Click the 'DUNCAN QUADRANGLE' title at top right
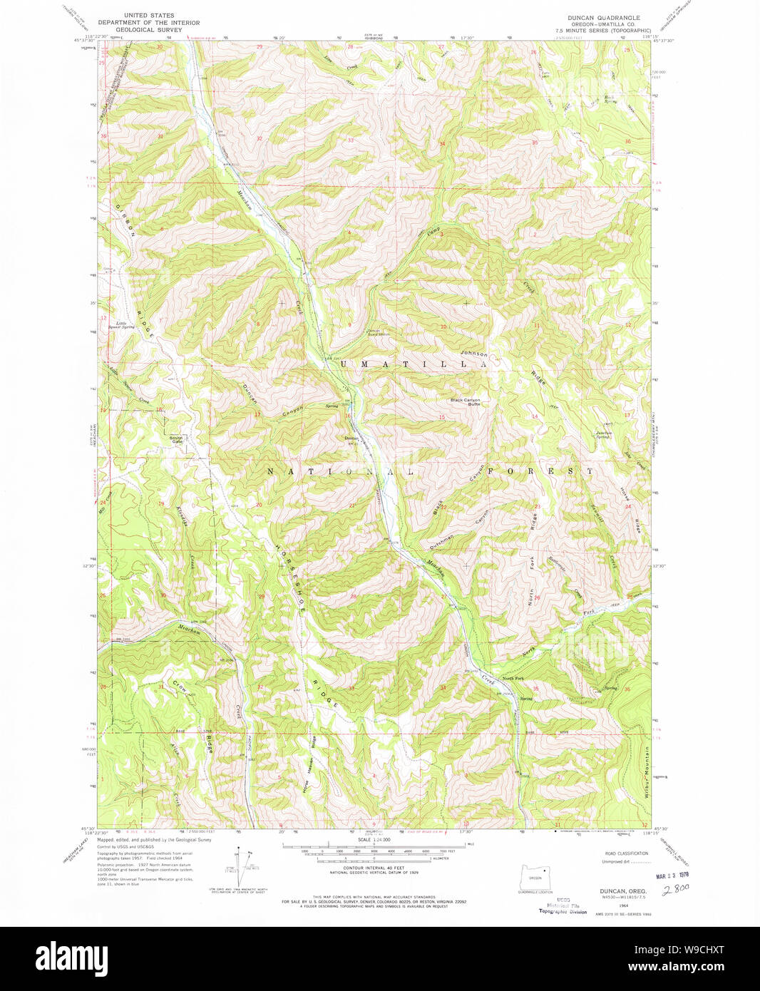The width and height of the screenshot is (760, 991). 603,17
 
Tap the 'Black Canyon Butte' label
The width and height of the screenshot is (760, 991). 465,402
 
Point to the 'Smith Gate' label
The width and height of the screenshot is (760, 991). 176,439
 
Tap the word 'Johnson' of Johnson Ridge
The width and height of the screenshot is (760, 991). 474,354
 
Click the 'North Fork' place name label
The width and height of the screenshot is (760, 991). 513,678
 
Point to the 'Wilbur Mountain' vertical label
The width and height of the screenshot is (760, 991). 647,776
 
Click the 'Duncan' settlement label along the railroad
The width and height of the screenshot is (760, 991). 351,438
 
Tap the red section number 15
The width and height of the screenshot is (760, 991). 442,418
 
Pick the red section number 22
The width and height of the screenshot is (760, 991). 443,507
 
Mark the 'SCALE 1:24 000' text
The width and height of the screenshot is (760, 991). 374,840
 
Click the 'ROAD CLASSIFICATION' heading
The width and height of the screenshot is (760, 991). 626,853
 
